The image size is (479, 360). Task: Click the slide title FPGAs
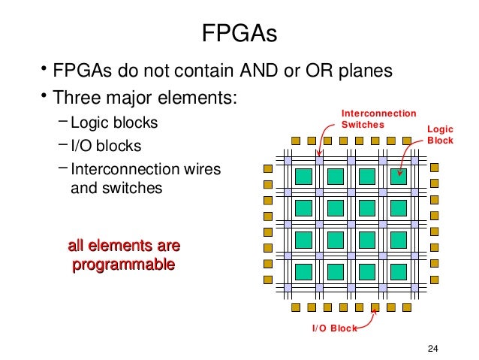(x=239, y=34)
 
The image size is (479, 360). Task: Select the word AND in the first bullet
(x=259, y=71)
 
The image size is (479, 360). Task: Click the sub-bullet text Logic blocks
(x=114, y=123)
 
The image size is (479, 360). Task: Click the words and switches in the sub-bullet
(x=116, y=188)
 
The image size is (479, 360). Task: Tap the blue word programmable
(x=123, y=265)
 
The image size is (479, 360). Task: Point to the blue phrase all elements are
(x=124, y=246)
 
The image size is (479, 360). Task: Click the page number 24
(x=432, y=347)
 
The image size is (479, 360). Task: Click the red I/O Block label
(x=335, y=327)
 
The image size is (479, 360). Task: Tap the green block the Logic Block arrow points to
(x=399, y=177)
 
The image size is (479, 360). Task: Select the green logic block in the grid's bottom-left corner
(x=304, y=271)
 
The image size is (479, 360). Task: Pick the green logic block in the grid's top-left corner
(x=304, y=177)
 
